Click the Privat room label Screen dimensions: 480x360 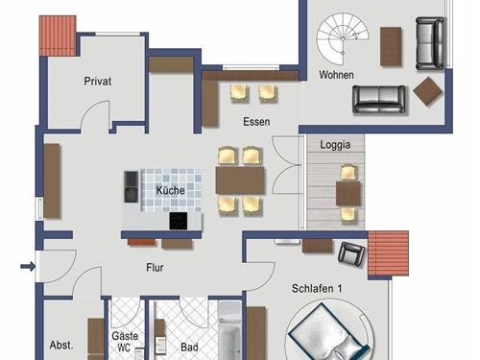[98, 81]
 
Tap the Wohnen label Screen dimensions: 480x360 [336, 75]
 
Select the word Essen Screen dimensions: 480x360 [256, 122]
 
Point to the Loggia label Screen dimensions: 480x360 [335, 145]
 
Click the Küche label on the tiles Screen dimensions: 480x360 [170, 190]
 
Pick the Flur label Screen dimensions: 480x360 [155, 267]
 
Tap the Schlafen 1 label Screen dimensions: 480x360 [317, 289]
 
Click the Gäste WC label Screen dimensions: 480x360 [125, 342]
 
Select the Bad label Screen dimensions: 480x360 [189, 348]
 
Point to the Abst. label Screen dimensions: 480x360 [61, 345]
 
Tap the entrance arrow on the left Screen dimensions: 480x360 [28, 266]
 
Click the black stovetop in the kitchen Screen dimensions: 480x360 [179, 221]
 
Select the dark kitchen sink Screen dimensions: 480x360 [132, 186]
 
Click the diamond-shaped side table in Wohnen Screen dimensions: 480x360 [428, 91]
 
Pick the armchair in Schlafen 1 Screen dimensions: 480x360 [352, 253]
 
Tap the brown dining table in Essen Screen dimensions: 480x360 [240, 180]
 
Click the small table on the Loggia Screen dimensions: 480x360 [348, 193]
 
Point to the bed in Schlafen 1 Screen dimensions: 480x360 [329, 333]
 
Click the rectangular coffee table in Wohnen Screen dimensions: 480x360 [391, 46]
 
